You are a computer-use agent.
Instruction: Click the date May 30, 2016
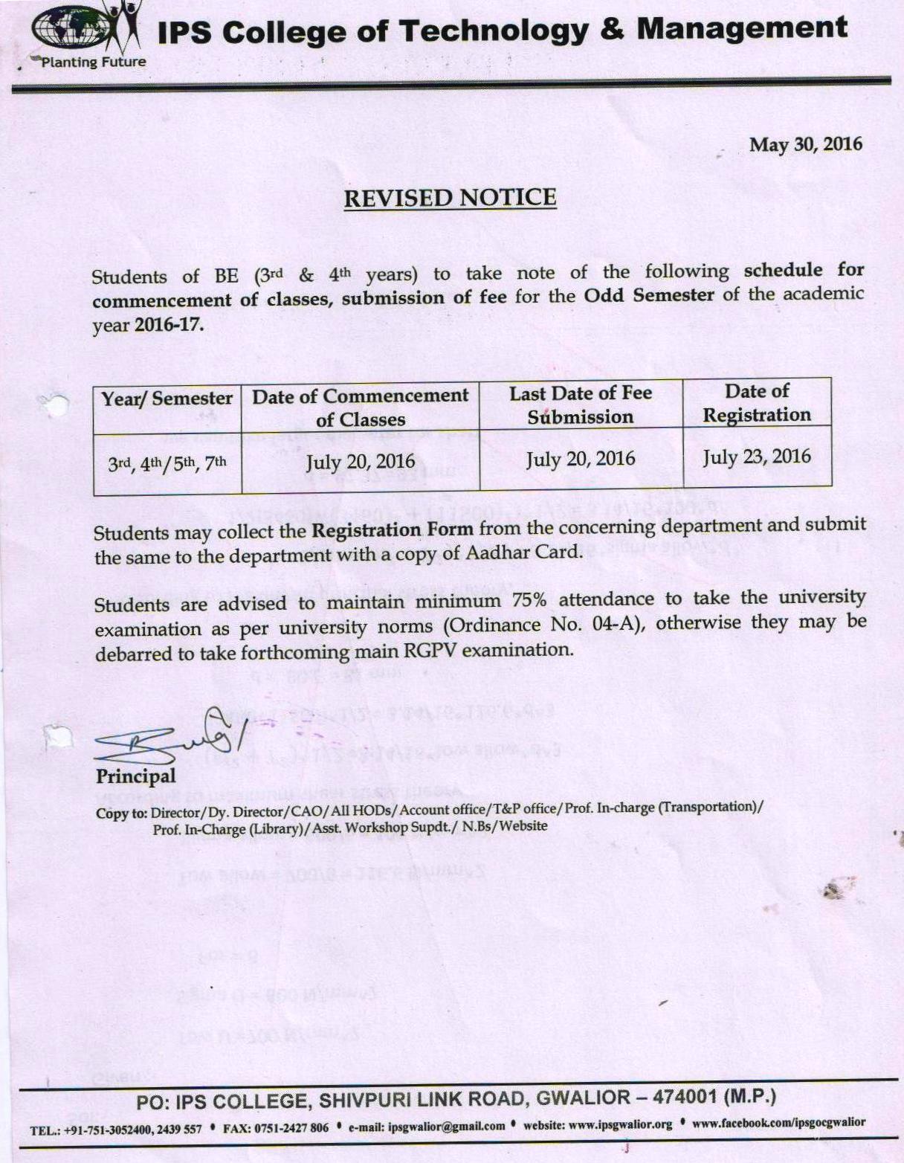coord(805,144)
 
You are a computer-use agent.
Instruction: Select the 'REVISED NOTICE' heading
coord(450,198)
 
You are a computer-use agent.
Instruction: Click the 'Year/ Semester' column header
coord(167,399)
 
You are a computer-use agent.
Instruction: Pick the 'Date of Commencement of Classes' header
coord(361,407)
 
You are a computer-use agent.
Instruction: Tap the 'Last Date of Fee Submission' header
coord(581,405)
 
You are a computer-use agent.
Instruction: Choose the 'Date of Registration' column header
coord(757,402)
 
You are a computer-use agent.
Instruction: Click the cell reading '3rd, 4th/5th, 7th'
coord(167,464)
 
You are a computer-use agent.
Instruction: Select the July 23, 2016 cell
coord(757,457)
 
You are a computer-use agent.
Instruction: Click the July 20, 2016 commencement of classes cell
coord(361,462)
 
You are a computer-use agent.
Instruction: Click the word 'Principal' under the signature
coord(136,776)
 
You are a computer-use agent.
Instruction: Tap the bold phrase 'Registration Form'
coord(392,530)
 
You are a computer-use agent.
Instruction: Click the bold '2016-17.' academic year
coord(169,325)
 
